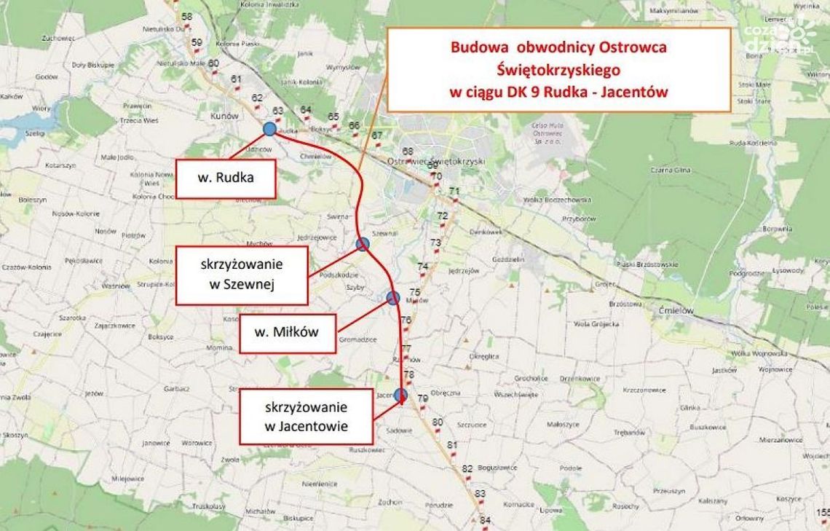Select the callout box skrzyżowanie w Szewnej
(x=242, y=275)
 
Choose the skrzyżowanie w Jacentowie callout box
(x=307, y=417)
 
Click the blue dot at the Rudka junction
(x=269, y=129)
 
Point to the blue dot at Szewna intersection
(x=363, y=244)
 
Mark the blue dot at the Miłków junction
(x=393, y=297)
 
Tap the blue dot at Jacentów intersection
(x=400, y=396)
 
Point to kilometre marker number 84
(x=485, y=520)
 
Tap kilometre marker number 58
(x=187, y=17)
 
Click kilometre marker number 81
(x=452, y=444)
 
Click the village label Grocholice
(x=531, y=378)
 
